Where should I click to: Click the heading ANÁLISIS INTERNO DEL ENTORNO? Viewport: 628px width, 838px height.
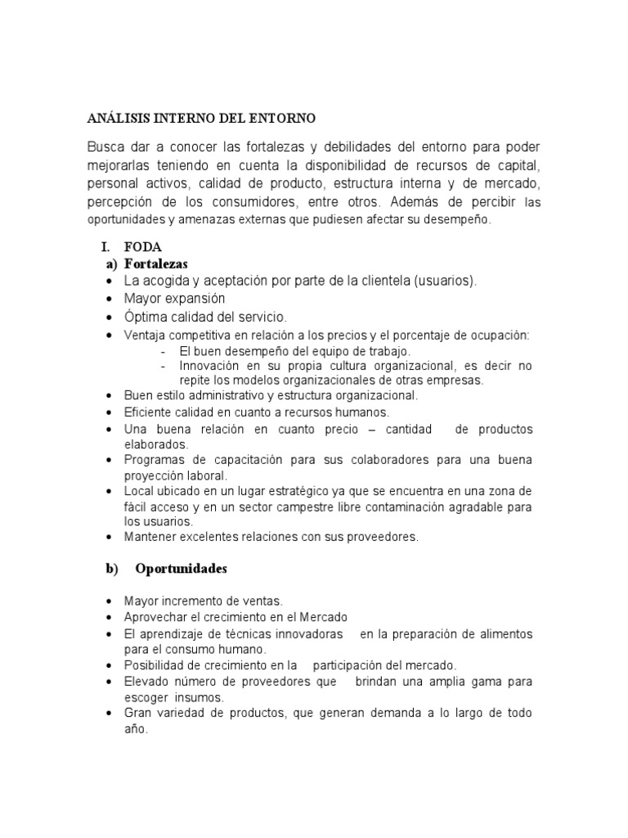[x=200, y=118]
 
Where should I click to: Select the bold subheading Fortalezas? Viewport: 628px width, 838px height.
[x=156, y=264]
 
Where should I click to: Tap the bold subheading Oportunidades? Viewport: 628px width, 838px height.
[x=181, y=568]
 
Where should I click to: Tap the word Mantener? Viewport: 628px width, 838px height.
[x=152, y=537]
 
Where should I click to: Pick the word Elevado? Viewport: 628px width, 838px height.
[x=147, y=682]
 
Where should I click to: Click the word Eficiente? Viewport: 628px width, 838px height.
[x=149, y=412]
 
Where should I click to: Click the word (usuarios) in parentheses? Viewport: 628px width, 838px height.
[x=445, y=281]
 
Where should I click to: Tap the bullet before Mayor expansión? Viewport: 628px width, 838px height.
[x=110, y=300]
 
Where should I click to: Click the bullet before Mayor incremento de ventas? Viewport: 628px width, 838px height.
[x=110, y=601]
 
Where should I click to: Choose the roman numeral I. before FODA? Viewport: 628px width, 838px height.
[x=105, y=246]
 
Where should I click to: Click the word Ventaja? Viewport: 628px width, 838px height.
[x=146, y=336]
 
